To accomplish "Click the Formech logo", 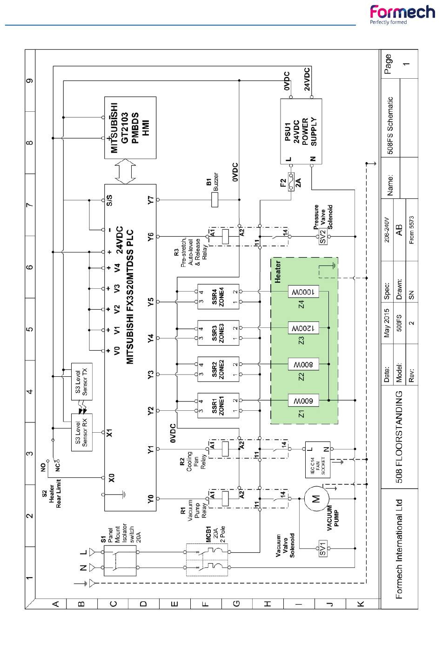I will click(x=402, y=14).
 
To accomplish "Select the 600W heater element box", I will click(x=303, y=400).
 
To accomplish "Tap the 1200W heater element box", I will click(x=303, y=328).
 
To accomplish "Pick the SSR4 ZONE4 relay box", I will click(x=218, y=297).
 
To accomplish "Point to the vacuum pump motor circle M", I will click(x=315, y=499).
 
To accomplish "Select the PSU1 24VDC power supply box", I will click(x=301, y=131).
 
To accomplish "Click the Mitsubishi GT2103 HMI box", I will click(x=130, y=128).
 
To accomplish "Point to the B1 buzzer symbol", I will click(x=215, y=200).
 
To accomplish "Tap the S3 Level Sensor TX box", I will click(x=81, y=381).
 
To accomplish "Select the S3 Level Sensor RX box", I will click(x=81, y=432).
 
